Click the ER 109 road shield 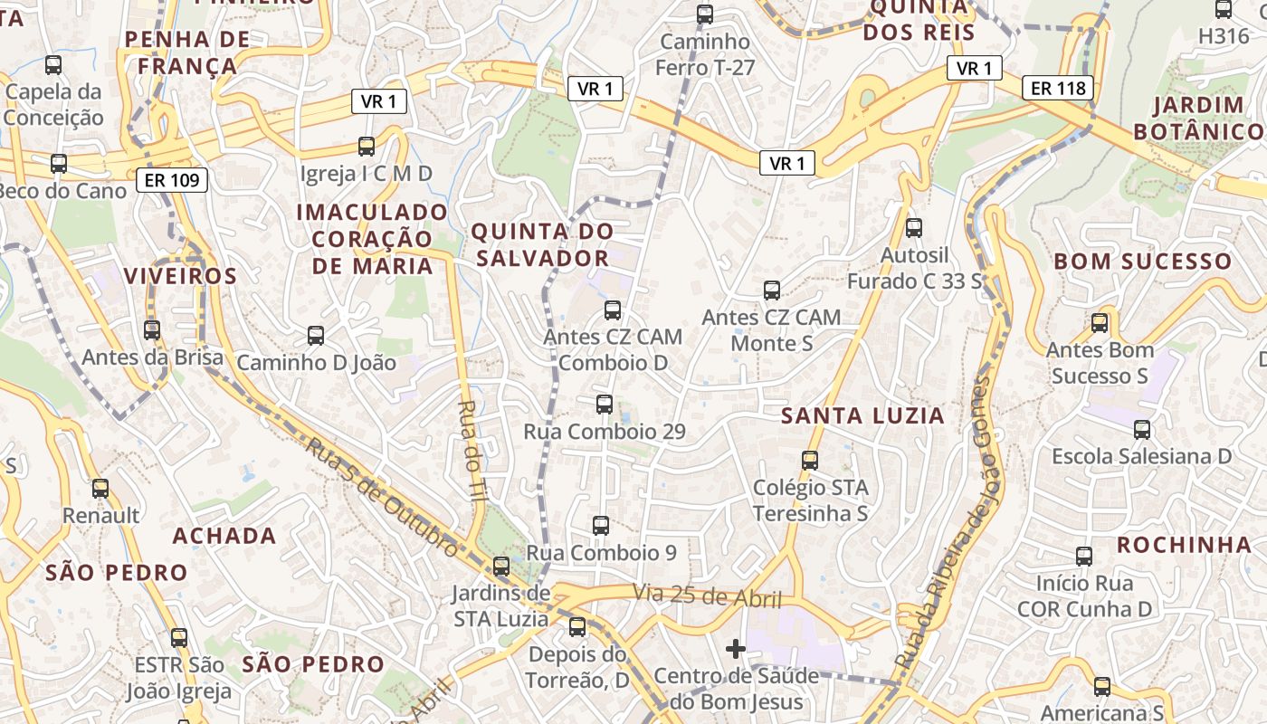(x=172, y=180)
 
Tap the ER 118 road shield (x=1058, y=88)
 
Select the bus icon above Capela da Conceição (x=53, y=65)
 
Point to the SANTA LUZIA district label (x=862, y=415)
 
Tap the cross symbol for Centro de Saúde (x=736, y=649)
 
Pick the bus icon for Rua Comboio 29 (x=605, y=405)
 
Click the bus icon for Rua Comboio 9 (x=600, y=525)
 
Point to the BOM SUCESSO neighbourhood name (x=1142, y=262)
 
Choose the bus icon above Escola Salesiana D (x=1142, y=430)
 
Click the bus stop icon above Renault (x=100, y=489)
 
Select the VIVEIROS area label (x=180, y=276)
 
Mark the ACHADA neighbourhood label (x=224, y=536)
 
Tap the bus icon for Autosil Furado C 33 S (x=914, y=228)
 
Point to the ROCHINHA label (x=1184, y=545)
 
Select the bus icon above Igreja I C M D (x=367, y=147)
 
